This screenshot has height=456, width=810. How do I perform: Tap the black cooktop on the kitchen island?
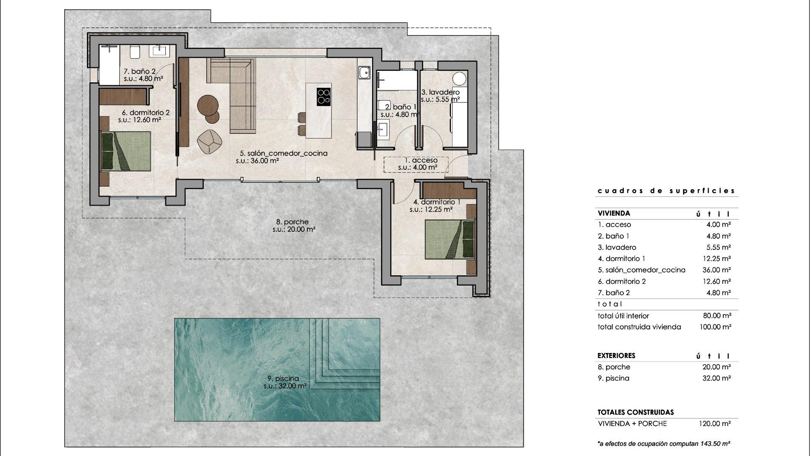pyautogui.click(x=324, y=96)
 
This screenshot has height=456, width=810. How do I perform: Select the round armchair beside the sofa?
pyautogui.click(x=210, y=141)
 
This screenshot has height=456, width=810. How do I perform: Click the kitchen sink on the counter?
pyautogui.click(x=364, y=73)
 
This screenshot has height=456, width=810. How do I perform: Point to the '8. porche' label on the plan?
pyautogui.click(x=292, y=222)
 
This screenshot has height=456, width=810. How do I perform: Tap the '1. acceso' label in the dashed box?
pyautogui.click(x=421, y=160)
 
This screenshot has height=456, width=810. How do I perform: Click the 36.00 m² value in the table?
pyautogui.click(x=716, y=270)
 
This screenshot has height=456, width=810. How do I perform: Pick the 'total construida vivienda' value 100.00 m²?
pyautogui.click(x=716, y=327)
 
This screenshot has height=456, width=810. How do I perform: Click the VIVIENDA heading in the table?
pyautogui.click(x=614, y=214)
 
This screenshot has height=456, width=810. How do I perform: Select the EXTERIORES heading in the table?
pyautogui.click(x=616, y=356)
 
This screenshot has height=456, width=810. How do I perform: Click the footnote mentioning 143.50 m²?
pyautogui.click(x=664, y=444)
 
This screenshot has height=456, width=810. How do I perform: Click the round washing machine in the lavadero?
pyautogui.click(x=459, y=79)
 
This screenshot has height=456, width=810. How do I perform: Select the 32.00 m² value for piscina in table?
pyautogui.click(x=716, y=378)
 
